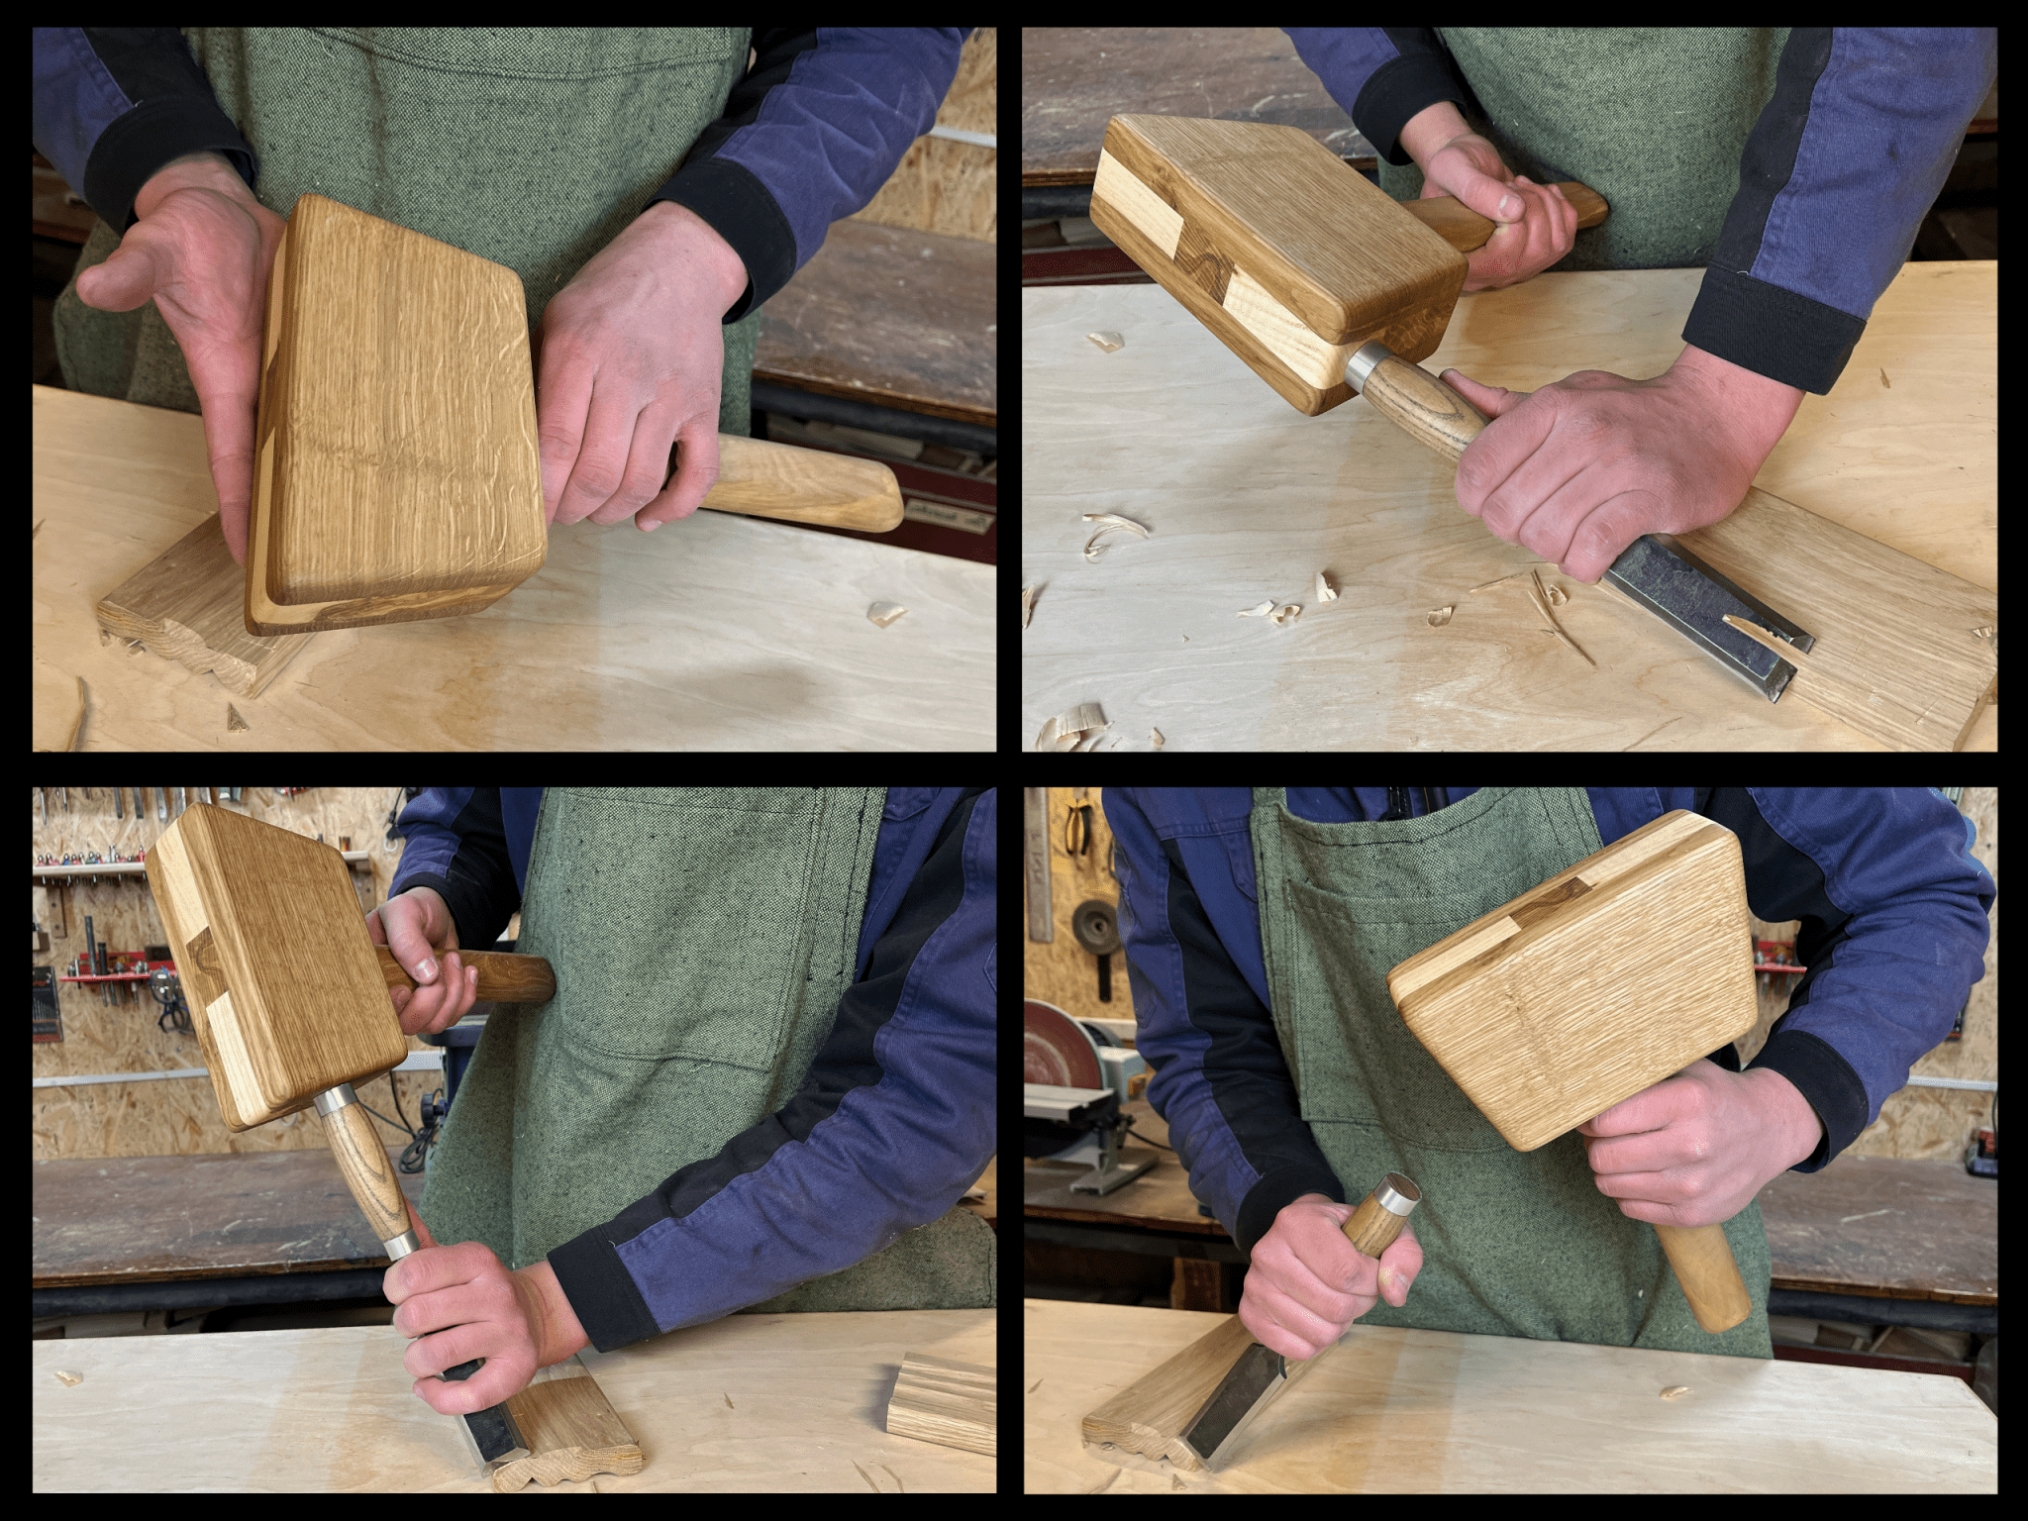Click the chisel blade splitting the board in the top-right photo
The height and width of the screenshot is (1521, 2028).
(x=1703, y=624)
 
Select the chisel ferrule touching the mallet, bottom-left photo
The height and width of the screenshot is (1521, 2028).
(x=336, y=1098)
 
